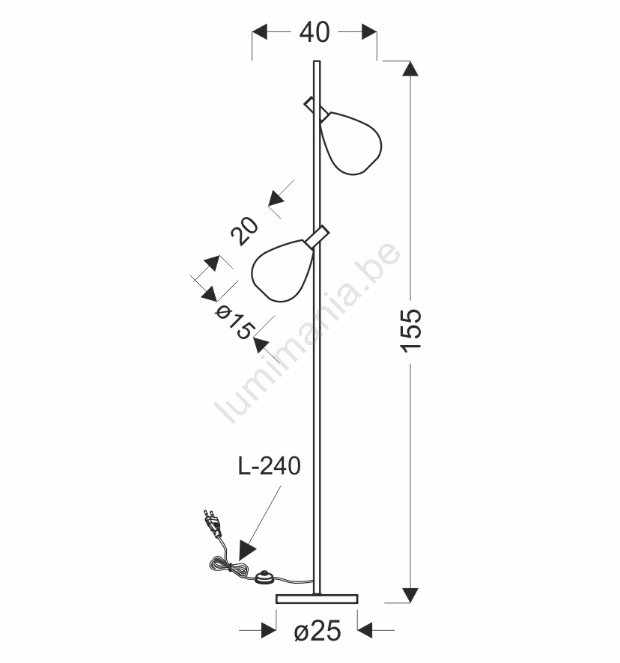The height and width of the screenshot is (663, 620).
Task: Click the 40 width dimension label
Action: pyautogui.click(x=314, y=32)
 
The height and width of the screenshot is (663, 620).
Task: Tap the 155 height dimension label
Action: pyautogui.click(x=411, y=330)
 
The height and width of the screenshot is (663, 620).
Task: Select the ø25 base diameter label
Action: pyautogui.click(x=317, y=631)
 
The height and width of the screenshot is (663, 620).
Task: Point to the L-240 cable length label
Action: pyautogui.click(x=269, y=465)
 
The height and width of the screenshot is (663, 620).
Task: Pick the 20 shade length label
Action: pyautogui.click(x=244, y=231)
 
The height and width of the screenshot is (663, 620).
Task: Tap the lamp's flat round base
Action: pyautogui.click(x=317, y=599)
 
